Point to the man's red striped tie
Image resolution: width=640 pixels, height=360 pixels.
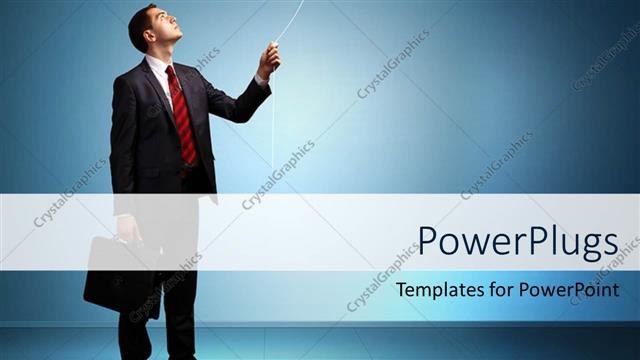183,115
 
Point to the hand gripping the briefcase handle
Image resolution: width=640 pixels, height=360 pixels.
129,231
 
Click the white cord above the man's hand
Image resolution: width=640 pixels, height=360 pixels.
290,20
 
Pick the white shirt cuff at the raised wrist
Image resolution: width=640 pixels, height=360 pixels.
261,80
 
